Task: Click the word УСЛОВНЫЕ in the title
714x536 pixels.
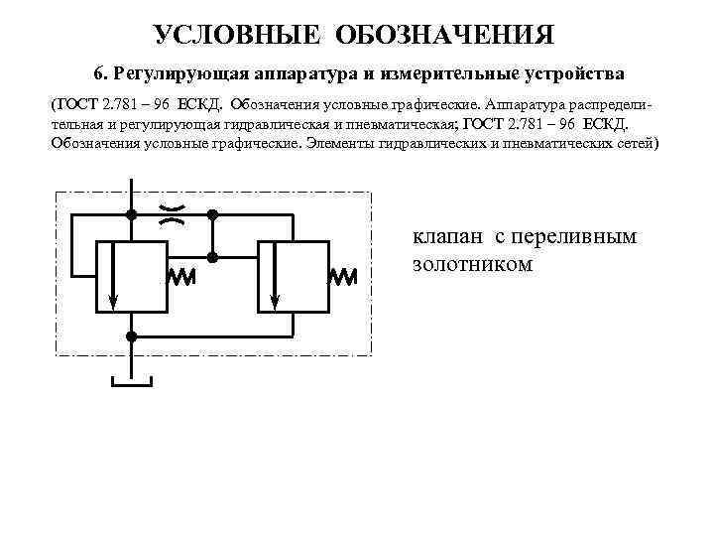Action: (x=238, y=36)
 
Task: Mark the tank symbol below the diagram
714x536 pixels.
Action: (x=130, y=380)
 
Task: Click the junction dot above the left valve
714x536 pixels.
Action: (x=130, y=213)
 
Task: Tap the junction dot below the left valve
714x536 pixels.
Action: (x=130, y=336)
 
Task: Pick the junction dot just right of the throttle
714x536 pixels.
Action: (x=212, y=213)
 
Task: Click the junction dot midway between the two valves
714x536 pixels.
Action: (x=212, y=257)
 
